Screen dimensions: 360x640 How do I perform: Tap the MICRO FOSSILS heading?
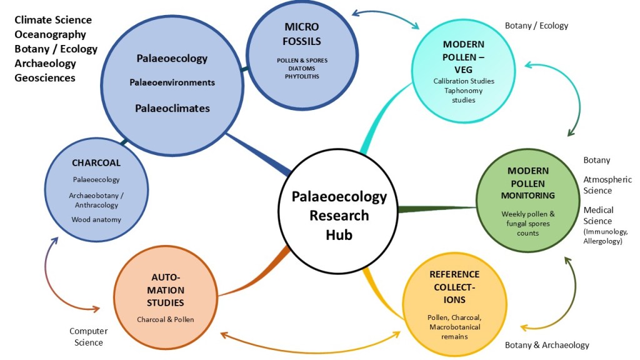(301, 34)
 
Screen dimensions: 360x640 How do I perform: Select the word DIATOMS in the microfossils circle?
(302, 68)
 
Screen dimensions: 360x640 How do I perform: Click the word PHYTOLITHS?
(302, 76)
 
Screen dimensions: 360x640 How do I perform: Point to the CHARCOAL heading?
(96, 163)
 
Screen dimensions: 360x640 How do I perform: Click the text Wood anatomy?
(96, 219)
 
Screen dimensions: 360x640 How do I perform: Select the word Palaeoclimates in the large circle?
(172, 108)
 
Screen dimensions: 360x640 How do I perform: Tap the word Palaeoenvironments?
(172, 82)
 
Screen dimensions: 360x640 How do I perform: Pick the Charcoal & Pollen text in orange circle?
(166, 319)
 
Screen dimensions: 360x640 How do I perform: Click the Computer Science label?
(88, 336)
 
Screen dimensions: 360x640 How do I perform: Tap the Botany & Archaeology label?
(547, 345)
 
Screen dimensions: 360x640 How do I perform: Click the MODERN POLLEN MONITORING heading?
(528, 183)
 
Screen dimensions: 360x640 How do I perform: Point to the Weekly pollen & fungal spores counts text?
(528, 223)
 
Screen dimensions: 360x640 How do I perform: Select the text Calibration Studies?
(464, 81)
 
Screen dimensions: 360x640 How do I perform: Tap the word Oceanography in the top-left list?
(50, 34)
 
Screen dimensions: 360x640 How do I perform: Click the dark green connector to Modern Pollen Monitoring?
(437, 208)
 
